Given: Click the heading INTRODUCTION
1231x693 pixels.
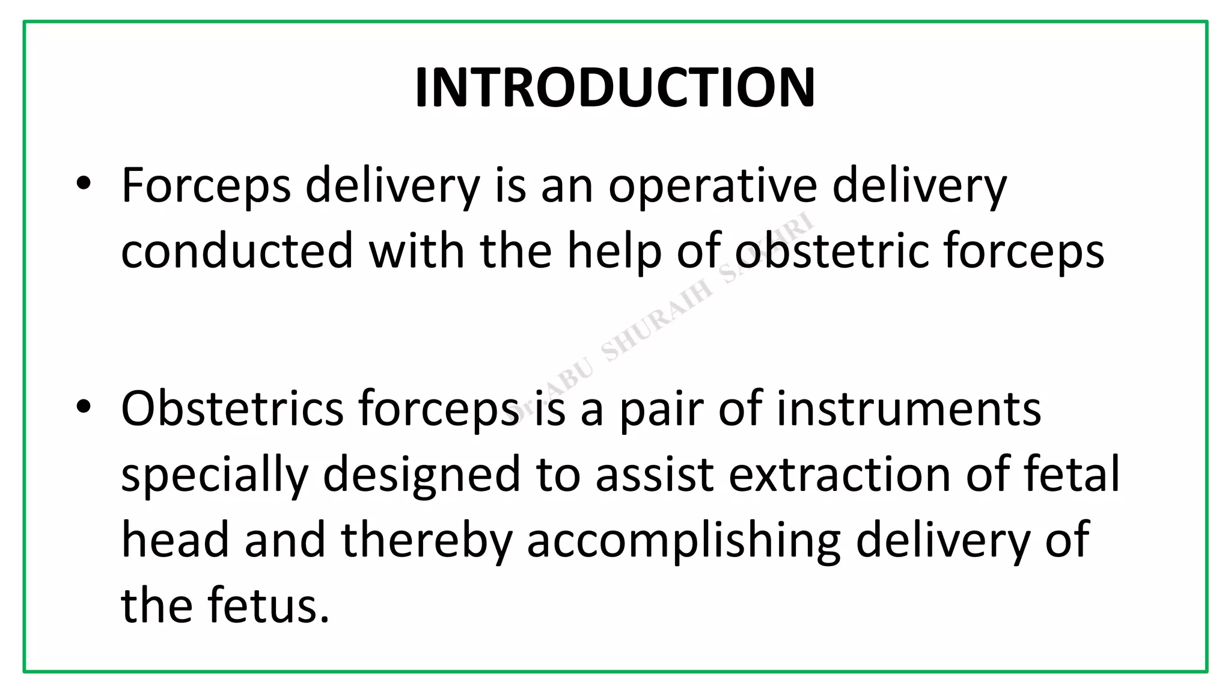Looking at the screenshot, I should click(615, 88).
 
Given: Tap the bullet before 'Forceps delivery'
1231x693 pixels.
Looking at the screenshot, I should click(84, 183).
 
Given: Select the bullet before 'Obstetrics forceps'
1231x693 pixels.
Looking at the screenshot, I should click(84, 407).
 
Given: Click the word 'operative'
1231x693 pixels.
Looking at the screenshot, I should click(712, 186).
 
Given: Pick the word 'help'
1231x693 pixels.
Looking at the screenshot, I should click(614, 251).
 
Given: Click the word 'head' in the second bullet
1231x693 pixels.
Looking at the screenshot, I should click(175, 540).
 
